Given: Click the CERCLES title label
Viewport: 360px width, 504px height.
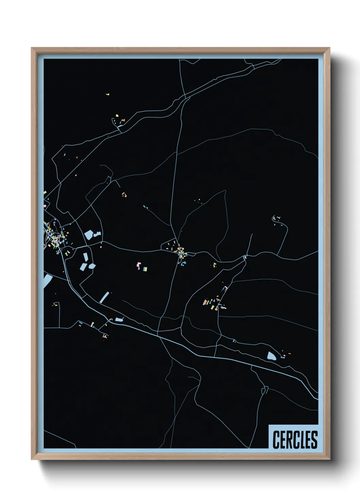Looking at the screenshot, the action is [x=295, y=440].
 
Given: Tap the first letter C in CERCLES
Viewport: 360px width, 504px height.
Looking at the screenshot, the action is [x=276, y=440].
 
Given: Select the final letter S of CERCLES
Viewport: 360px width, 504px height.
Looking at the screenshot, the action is [x=314, y=440].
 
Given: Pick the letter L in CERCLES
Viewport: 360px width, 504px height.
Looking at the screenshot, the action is [x=301, y=440].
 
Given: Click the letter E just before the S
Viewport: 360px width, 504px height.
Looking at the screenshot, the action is [x=308, y=440].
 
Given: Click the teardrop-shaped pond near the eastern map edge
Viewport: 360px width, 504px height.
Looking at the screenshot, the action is [x=272, y=356].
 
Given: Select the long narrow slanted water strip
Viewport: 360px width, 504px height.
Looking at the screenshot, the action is [x=105, y=297].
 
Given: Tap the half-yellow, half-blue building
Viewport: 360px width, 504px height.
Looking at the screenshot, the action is [x=145, y=269].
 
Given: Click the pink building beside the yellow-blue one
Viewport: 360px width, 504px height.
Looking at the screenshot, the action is [x=138, y=265].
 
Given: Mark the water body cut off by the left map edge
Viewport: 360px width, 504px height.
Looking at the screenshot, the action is [x=47, y=281].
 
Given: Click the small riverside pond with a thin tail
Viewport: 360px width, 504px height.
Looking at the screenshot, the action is [x=119, y=319].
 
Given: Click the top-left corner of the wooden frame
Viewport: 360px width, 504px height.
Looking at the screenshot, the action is [x=32, y=48].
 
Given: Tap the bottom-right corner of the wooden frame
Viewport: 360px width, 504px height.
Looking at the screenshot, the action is [x=329, y=459].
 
